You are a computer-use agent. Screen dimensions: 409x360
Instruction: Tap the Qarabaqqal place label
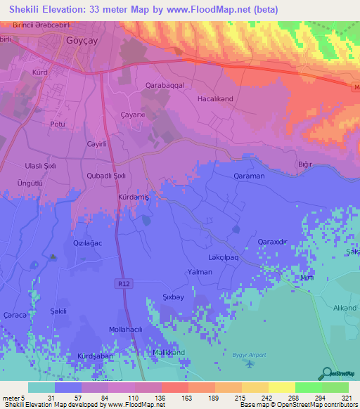click(x=145, y=84)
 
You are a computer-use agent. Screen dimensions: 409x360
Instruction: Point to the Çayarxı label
click(x=132, y=115)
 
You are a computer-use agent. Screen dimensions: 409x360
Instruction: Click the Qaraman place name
click(x=249, y=177)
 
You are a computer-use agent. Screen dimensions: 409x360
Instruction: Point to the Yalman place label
click(x=200, y=271)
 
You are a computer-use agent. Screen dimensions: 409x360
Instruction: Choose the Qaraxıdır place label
click(x=274, y=242)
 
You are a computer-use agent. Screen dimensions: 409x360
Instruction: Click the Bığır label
click(x=304, y=164)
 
